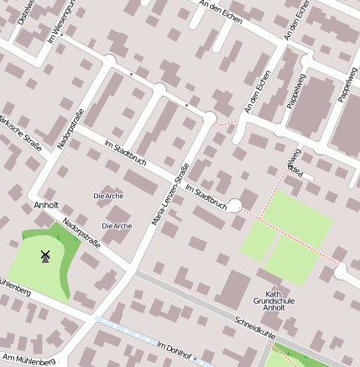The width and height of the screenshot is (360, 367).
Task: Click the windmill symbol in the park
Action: pyautogui.click(x=45, y=255)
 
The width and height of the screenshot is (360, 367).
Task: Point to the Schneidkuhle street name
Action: pyautogui.click(x=255, y=327)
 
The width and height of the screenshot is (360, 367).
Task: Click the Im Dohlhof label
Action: pyautogui.click(x=175, y=349)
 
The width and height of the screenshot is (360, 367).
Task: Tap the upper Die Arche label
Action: pyautogui.click(x=108, y=196)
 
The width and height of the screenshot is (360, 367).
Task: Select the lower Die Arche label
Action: pyautogui.click(x=117, y=226)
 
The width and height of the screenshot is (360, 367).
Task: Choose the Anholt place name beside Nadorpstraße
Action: pyautogui.click(x=45, y=205)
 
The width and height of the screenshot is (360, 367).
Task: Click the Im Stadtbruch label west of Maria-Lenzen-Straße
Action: pyautogui.click(x=125, y=156)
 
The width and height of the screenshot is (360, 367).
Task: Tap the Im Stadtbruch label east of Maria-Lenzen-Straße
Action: pyautogui.click(x=206, y=197)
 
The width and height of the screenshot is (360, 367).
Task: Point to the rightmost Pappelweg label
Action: pyautogui.click(x=347, y=84)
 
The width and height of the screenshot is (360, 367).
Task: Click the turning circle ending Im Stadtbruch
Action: pyautogui.click(x=235, y=205)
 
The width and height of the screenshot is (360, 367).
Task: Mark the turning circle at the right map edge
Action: pyautogui.click(x=342, y=271)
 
